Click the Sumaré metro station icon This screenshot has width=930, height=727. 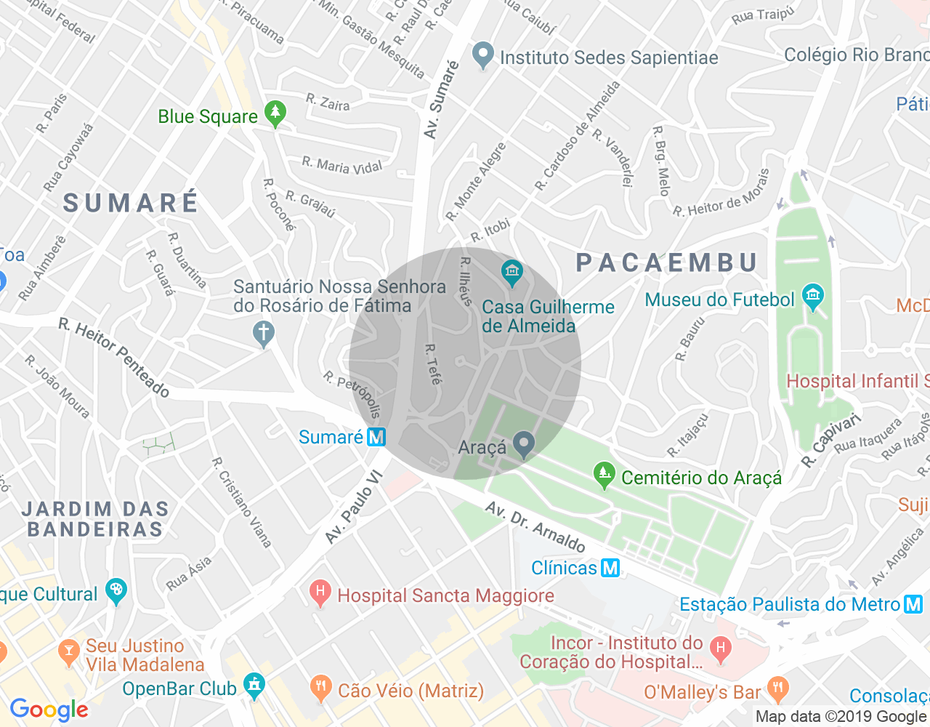[x=376, y=437]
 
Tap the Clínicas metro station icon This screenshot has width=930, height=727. [x=610, y=568]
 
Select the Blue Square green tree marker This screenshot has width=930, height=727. [x=275, y=113]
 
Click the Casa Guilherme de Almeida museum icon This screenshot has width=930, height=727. [x=512, y=273]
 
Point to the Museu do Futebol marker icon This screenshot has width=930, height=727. [x=812, y=297]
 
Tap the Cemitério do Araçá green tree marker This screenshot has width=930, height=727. [x=604, y=475]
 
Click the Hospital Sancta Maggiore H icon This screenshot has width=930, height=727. [x=320, y=593]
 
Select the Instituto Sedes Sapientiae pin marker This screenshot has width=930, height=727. [x=482, y=55]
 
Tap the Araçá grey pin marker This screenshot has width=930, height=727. [x=523, y=443]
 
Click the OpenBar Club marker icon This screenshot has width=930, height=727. [x=254, y=685]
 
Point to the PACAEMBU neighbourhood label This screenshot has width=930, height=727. [x=667, y=262]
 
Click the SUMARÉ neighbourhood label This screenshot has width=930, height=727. [x=131, y=203]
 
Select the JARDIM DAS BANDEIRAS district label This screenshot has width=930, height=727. [x=95, y=519]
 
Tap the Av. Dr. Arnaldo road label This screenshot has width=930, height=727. [x=535, y=527]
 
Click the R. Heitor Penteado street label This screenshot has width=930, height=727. [x=114, y=358]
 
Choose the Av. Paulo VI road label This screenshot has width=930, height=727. [x=353, y=507]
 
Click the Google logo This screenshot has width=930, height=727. [x=49, y=710]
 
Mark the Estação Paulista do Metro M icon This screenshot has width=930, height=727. [x=913, y=604]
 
